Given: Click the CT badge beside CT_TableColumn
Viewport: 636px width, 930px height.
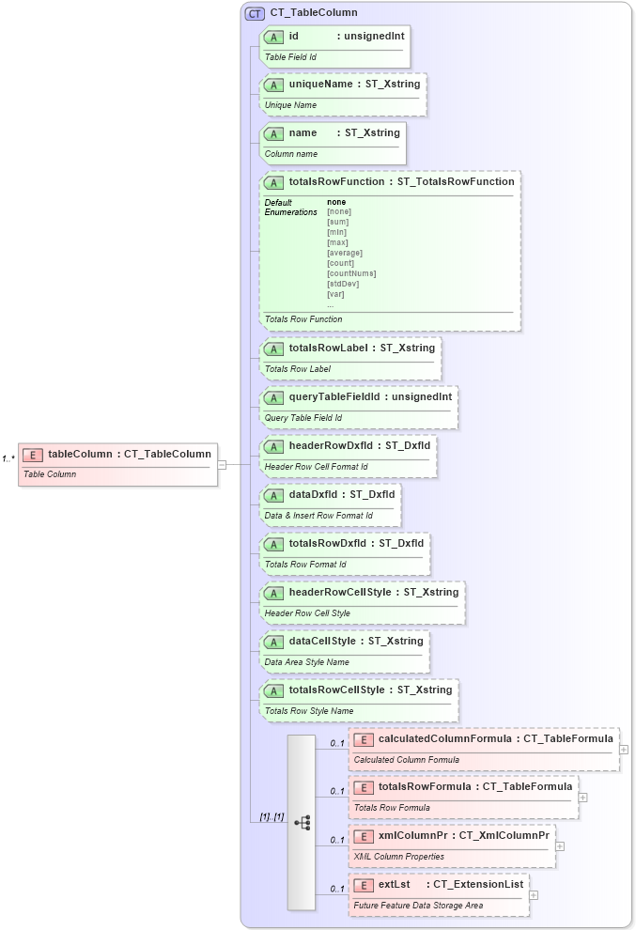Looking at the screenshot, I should click(255, 13).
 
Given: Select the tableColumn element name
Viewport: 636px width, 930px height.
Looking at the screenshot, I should click(82, 455).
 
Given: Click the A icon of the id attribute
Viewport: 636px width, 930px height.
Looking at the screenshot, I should click(274, 37).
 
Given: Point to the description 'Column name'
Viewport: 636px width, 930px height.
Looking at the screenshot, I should click(291, 154).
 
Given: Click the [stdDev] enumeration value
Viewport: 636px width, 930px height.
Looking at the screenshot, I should click(342, 284).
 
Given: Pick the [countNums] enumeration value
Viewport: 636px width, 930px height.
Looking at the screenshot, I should click(351, 273).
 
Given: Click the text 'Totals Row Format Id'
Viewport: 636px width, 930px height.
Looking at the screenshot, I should click(305, 565).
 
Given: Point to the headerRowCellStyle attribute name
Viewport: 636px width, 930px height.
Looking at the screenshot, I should click(339, 592).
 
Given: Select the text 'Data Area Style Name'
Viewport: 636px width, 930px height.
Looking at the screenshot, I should click(307, 662).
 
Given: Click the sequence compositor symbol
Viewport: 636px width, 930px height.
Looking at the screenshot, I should click(302, 822).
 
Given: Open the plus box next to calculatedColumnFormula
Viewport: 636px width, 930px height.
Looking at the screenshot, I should click(624, 750).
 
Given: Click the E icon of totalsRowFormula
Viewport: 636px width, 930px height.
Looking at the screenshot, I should click(364, 786).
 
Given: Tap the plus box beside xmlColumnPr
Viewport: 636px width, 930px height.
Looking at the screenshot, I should click(560, 845).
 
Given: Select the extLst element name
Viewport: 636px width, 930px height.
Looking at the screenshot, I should click(395, 884).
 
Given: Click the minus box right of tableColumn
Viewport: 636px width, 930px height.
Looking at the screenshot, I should click(223, 464).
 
